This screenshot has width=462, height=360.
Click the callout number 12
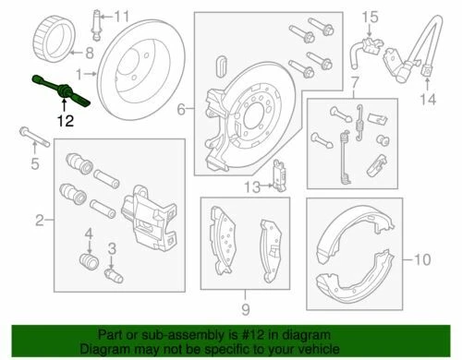point(64,120)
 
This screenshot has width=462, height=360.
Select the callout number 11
point(121,16)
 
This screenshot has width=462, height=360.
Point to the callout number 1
point(80,73)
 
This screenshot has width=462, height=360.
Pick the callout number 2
point(40,220)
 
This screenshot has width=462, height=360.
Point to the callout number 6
point(182,108)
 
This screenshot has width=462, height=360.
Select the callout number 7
point(351,87)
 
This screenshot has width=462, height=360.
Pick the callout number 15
point(370,15)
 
